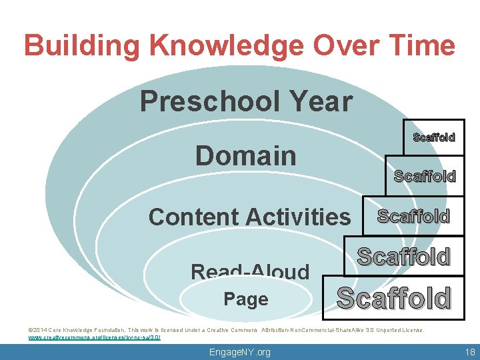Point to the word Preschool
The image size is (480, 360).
209,102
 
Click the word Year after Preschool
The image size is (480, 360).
319,102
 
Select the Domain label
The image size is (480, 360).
245,155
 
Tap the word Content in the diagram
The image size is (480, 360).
194,217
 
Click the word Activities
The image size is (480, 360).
298,217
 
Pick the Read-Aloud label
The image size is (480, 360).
250,271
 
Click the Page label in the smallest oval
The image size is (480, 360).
246,299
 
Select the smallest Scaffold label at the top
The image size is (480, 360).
433,137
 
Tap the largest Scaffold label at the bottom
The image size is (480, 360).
393,298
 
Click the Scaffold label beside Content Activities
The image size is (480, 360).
413,216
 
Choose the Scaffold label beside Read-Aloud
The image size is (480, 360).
403,257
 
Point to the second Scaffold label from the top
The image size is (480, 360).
424,176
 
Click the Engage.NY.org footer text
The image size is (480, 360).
240,352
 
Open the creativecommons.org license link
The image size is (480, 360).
94,337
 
